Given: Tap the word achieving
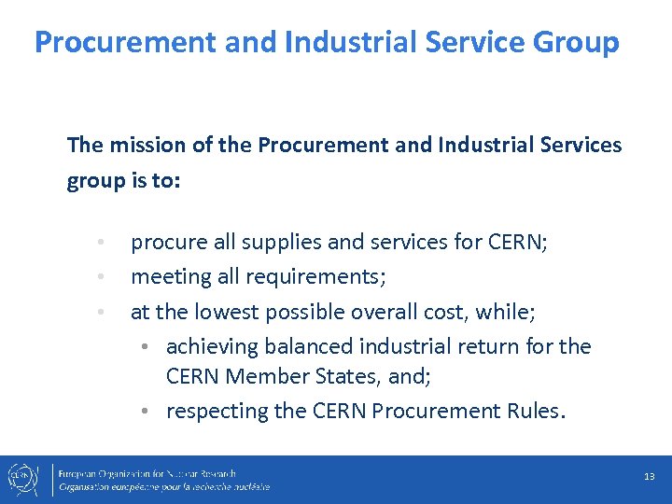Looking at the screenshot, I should pos(212,347).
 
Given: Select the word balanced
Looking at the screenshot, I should pos(311,347).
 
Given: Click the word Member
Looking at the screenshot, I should pos(273,377).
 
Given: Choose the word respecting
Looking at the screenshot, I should pos(217,412).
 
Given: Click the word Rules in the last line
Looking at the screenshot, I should pos(533,412).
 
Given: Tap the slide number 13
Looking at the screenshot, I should pos(650,477).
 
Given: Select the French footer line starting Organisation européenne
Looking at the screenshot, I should pos(164,487).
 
